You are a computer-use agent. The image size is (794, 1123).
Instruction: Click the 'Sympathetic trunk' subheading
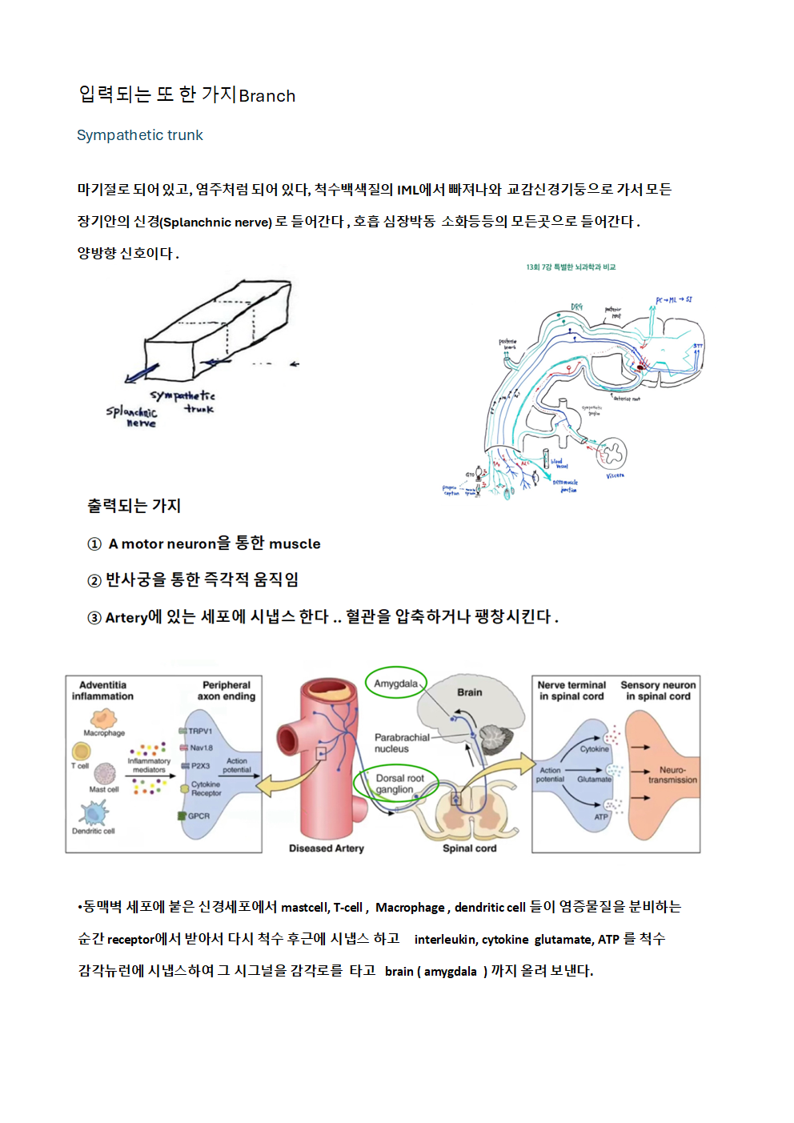tap(139, 135)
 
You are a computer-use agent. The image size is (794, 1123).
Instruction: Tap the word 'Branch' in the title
tap(267, 96)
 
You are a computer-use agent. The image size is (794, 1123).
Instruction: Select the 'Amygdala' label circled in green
tap(395, 684)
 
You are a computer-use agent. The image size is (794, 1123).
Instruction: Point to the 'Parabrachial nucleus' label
tap(401, 743)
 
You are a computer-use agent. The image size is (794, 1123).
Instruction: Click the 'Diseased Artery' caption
tap(326, 848)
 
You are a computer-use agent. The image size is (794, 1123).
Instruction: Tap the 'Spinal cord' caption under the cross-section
tap(469, 848)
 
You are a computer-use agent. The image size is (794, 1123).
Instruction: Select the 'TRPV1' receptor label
tap(199, 731)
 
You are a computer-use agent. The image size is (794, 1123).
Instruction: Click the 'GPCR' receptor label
tap(198, 816)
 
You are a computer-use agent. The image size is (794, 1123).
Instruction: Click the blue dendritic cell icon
tap(93, 813)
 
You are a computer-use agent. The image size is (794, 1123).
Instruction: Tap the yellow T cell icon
tap(81, 751)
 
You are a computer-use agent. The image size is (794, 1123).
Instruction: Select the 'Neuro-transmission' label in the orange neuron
tap(672, 775)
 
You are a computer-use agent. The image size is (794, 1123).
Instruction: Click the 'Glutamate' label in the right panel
tap(594, 779)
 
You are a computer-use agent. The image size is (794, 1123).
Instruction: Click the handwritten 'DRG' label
tap(576, 307)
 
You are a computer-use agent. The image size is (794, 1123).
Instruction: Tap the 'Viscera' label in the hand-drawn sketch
tap(615, 475)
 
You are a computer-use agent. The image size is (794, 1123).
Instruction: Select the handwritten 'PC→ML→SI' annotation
tap(673, 300)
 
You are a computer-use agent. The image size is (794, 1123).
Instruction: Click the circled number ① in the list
tap(94, 544)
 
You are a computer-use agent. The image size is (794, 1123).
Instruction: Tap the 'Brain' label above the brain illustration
tap(469, 692)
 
